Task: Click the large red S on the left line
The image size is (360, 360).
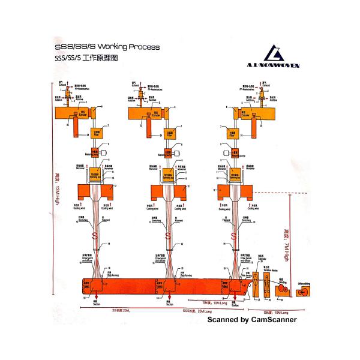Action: click(x=94, y=235)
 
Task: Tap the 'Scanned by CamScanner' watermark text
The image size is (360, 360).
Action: click(x=252, y=320)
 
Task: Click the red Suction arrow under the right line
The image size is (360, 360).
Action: click(x=233, y=298)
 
